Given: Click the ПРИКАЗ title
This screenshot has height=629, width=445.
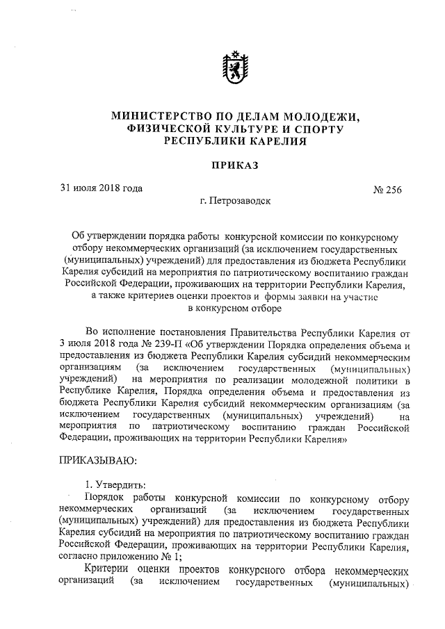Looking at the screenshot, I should click(x=229, y=165).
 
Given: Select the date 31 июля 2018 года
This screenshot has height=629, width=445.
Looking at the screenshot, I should click(x=101, y=188).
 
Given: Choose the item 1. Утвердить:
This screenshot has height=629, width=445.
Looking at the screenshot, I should click(x=115, y=486).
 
